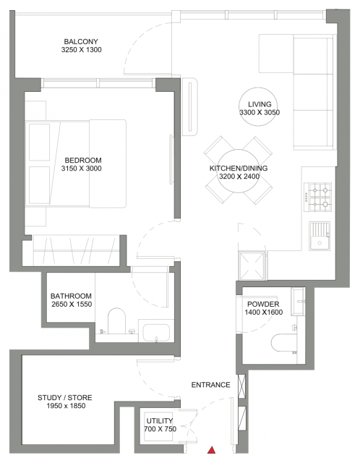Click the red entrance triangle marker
[x=211, y=450]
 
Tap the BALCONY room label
[x=81, y=42]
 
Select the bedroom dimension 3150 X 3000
[x=81, y=169]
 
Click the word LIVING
[x=260, y=104]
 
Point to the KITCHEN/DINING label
[x=239, y=169]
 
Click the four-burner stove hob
[x=317, y=197]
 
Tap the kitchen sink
[x=320, y=237]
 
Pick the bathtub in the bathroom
[x=156, y=331]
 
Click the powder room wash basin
[x=298, y=302]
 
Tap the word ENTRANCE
[x=210, y=385]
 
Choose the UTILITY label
[x=160, y=421]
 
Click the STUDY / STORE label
[x=64, y=398]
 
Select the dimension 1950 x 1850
[x=66, y=406]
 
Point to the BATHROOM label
[x=71, y=296]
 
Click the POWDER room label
[x=263, y=304]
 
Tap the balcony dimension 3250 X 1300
[x=81, y=50]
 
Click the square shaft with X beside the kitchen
[x=252, y=266]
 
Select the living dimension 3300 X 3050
[x=260, y=112]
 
